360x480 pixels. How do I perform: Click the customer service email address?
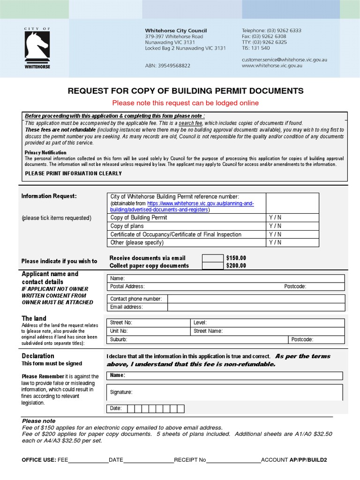284,60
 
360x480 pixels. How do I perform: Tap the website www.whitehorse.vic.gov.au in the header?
272,66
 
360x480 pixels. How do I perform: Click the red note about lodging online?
185,103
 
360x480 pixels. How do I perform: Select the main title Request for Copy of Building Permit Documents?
186,91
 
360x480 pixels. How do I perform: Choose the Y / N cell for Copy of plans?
275,226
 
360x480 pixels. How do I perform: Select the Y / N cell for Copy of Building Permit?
275,217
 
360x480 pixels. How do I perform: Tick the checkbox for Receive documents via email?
212,258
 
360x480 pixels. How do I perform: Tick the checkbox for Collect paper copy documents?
212,266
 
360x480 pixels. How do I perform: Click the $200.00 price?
236,266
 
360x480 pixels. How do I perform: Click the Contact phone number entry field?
255,299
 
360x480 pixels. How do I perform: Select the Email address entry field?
255,307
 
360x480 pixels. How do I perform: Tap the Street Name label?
208,331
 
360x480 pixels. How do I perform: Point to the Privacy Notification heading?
45,152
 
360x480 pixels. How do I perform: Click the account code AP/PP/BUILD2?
308,460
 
